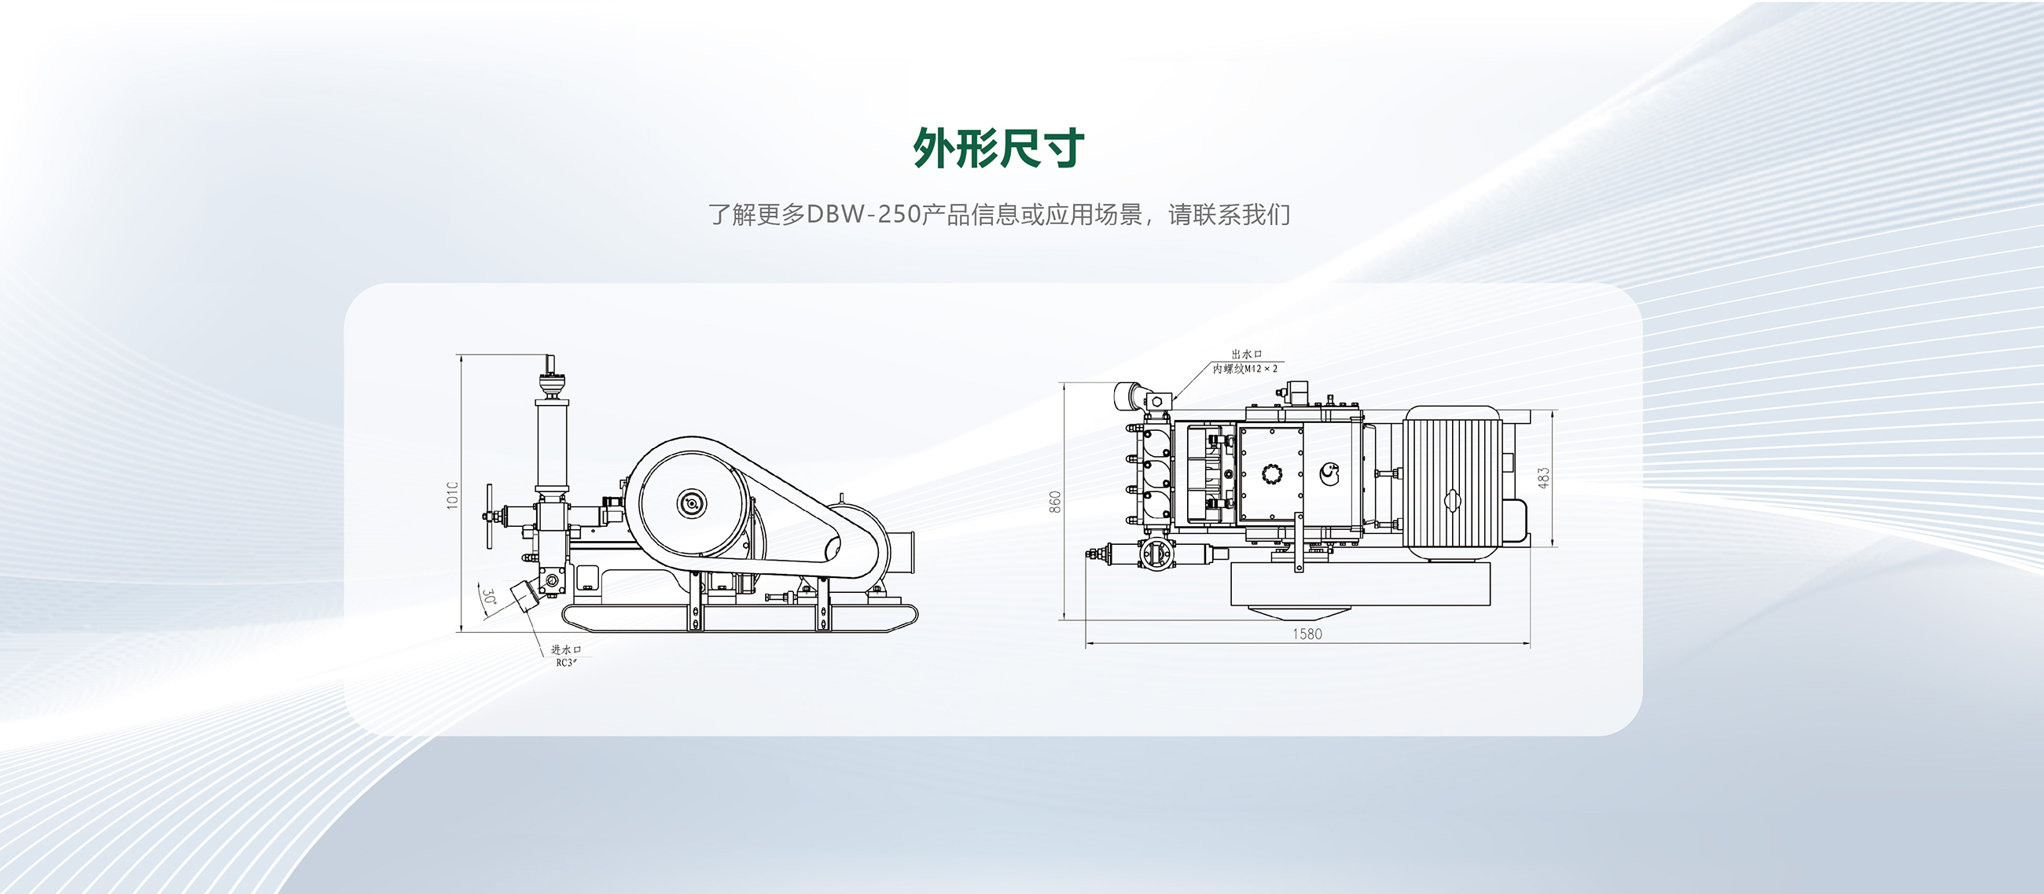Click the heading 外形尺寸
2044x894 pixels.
tap(998, 148)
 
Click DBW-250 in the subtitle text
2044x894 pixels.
tap(862, 214)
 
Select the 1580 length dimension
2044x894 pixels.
tap(1307, 634)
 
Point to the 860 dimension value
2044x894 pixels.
tap(1055, 502)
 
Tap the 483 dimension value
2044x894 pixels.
tap(1543, 477)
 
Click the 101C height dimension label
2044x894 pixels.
tap(453, 495)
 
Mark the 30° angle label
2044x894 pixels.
tap(490, 598)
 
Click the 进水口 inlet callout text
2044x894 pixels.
tap(566, 649)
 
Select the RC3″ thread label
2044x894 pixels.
tap(566, 662)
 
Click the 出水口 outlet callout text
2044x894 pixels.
tap(1246, 355)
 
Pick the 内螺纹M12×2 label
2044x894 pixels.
tap(1245, 369)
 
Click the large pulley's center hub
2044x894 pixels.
tap(691, 503)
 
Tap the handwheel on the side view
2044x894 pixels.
tap(490, 516)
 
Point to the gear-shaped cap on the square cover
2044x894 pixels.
tap(1272, 474)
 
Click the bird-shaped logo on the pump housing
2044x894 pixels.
tap(1329, 473)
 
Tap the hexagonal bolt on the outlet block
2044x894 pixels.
tap(1157, 402)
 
